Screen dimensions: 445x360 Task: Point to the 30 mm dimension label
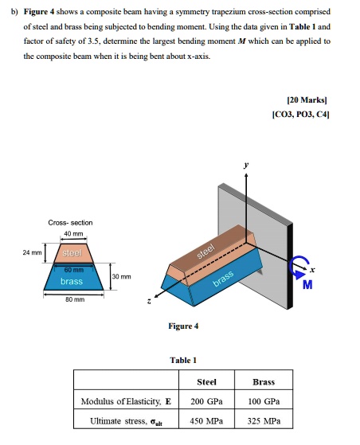(121, 278)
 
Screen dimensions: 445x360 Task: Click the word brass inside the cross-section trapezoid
(72, 281)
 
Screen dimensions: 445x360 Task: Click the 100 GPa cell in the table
(263, 400)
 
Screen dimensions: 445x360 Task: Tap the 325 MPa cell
(263, 420)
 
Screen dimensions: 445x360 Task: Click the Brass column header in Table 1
(263, 381)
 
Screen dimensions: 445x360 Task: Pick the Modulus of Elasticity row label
(126, 400)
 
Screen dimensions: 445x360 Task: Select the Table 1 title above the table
(184, 359)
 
